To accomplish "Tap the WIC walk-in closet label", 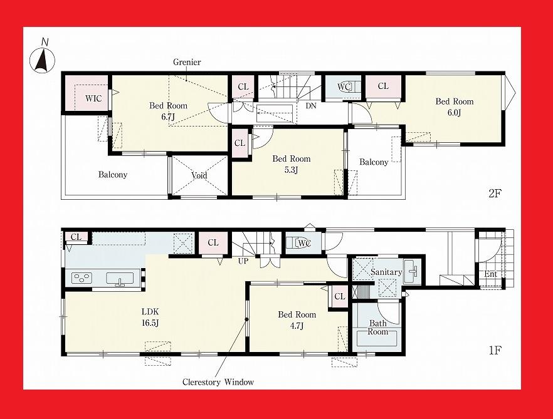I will [93, 98].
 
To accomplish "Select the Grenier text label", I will [187, 63].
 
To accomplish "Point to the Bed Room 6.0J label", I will [455, 106].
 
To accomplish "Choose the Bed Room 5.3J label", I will [291, 164].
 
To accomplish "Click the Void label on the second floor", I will [199, 175].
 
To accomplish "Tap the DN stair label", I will [311, 106].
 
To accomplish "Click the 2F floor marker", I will [495, 193].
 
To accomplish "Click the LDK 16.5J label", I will [149, 317].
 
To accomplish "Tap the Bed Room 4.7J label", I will [297, 320].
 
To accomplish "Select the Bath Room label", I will [377, 328].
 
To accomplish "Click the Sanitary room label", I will [386, 272].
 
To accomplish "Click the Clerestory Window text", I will [218, 381].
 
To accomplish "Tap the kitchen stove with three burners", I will [82, 278].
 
